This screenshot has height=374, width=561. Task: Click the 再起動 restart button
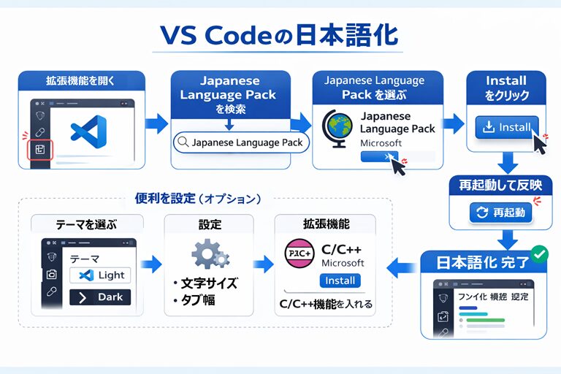pyautogui.click(x=501, y=213)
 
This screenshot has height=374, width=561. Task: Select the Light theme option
pyautogui.click(x=101, y=275)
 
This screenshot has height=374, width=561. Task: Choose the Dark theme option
pyautogui.click(x=101, y=297)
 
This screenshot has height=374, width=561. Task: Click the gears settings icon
pyautogui.click(x=210, y=253)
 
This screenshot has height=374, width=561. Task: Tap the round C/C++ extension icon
pyautogui.click(x=297, y=253)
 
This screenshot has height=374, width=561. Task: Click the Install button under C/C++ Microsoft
pyautogui.click(x=340, y=280)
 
